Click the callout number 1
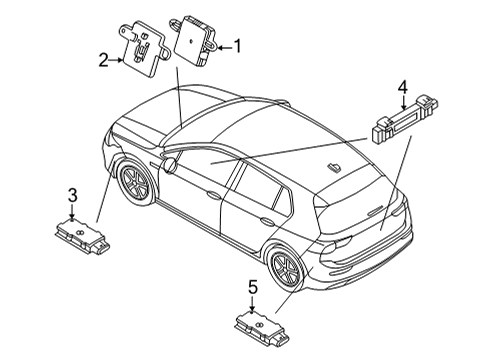click(x=237, y=46)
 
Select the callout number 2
click(x=104, y=60)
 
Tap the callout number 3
click(x=73, y=195)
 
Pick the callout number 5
click(x=253, y=287)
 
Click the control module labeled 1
click(x=194, y=40)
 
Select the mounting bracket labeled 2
click(x=144, y=49)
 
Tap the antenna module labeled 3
click(x=82, y=236)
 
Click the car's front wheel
click(x=135, y=183)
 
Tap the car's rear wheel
click(x=286, y=267)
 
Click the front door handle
click(x=213, y=194)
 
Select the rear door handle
click(x=268, y=220)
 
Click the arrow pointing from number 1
click(x=224, y=48)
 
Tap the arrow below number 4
click(x=403, y=102)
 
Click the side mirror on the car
click(x=170, y=165)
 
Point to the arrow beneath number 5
click(x=252, y=304)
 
